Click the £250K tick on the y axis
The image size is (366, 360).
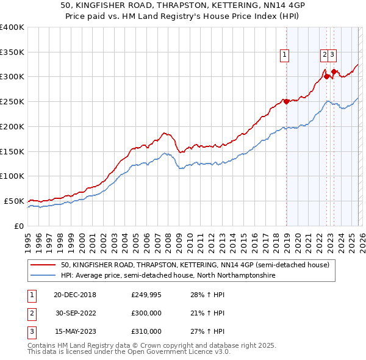point(12,101)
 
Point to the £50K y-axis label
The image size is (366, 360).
point(14,201)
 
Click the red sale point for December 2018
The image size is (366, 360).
point(285,101)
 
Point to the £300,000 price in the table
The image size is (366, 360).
point(146,314)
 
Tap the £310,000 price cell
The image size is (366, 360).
point(146,331)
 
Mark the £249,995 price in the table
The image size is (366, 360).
point(146,295)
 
